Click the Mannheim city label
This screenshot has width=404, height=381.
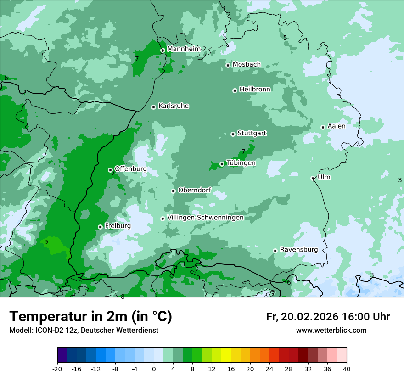[184, 49]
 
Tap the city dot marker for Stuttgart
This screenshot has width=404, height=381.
[233, 134]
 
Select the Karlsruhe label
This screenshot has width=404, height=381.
[174, 106]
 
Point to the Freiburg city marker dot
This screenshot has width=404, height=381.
[100, 227]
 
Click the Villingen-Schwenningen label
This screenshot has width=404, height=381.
[205, 218]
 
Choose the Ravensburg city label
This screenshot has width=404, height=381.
[298, 250]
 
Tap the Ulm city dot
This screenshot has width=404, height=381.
[313, 178]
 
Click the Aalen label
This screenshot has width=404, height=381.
[337, 126]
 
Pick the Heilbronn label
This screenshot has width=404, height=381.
[255, 90]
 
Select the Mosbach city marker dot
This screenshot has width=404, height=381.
[228, 65]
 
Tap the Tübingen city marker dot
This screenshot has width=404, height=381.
[222, 164]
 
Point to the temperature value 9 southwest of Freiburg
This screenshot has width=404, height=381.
[46, 242]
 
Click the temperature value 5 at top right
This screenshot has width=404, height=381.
[285, 38]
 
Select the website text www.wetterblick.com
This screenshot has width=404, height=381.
[331, 331]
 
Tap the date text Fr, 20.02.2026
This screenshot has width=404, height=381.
[302, 317]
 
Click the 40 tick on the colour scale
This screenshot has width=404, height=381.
[346, 369]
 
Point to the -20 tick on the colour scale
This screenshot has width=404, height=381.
[57, 369]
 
